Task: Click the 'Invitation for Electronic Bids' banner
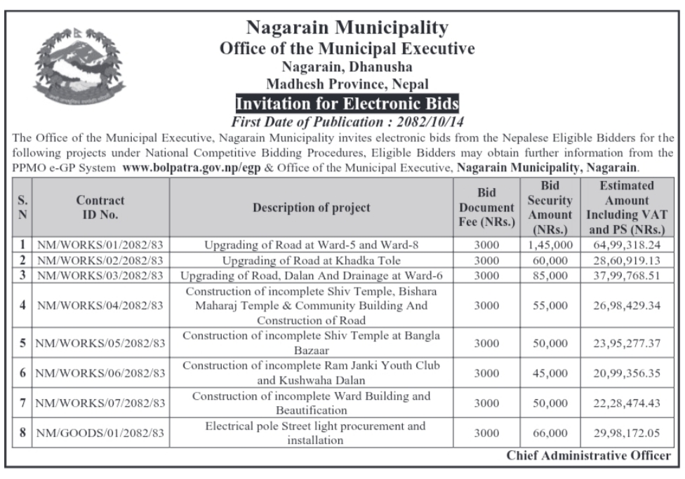pos(347,104)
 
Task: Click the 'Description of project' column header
pos(312,208)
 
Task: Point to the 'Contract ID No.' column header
pos(100,208)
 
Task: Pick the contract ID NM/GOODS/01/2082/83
pos(100,433)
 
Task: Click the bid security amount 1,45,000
pos(550,245)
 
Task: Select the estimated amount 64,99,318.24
pos(626,245)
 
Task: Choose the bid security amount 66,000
pos(550,433)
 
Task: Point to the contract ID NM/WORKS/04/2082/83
pos(100,305)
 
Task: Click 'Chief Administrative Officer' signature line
pos(589,456)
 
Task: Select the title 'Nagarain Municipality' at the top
pos(347,28)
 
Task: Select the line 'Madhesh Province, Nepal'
pos(347,84)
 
